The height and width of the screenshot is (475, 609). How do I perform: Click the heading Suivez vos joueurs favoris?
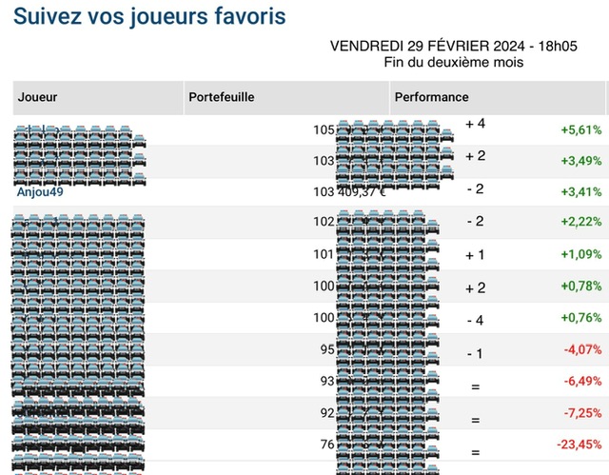[x=149, y=16]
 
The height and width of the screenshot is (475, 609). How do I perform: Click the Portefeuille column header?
[x=222, y=97]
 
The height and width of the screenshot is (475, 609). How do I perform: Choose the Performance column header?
[x=431, y=97]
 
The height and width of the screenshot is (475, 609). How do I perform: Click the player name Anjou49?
[x=40, y=190]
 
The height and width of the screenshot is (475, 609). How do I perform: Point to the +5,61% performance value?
[x=580, y=129]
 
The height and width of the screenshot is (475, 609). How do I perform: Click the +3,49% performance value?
[x=580, y=160]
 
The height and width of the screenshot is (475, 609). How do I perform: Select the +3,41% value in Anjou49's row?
[x=580, y=191]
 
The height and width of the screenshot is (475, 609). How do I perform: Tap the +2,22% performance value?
[x=580, y=223]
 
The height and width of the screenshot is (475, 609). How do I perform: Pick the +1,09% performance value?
[x=580, y=254]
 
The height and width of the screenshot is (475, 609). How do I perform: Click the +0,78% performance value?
[x=580, y=287]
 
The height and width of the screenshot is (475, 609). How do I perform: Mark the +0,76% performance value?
[x=580, y=318]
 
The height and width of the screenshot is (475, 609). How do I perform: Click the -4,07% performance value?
[x=580, y=349]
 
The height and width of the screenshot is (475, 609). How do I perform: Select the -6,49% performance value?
[x=580, y=381]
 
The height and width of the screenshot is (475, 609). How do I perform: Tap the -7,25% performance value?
[x=580, y=412]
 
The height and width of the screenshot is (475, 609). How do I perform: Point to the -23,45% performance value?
[x=578, y=444]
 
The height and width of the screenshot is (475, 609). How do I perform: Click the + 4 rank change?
[x=476, y=124]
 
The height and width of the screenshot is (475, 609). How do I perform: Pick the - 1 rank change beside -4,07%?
[x=476, y=354]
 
